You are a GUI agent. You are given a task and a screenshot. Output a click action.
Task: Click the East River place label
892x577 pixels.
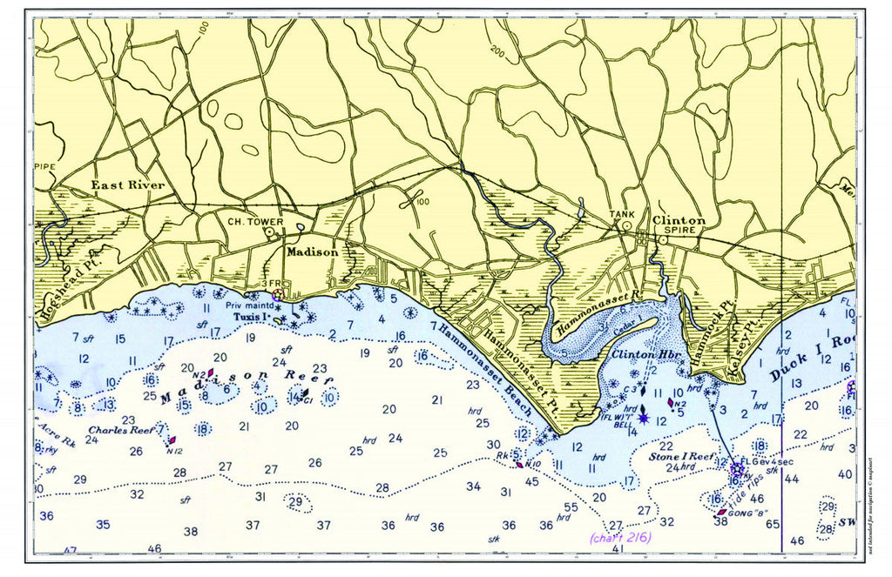pyautogui.click(x=127, y=185)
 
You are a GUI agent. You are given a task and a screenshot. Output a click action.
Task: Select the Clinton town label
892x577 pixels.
pyautogui.click(x=679, y=221)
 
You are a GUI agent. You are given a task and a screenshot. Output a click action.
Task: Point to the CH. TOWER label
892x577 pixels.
pyautogui.click(x=256, y=222)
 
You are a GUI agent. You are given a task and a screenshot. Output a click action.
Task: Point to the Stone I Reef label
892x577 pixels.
pyautogui.click(x=680, y=455)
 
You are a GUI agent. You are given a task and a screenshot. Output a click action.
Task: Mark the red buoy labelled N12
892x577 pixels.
pyautogui.click(x=173, y=441)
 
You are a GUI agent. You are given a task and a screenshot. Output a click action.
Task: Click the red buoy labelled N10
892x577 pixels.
pyautogui.click(x=520, y=464)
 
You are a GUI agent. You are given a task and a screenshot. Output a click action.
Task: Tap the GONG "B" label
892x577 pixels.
pyautogui.click(x=747, y=513)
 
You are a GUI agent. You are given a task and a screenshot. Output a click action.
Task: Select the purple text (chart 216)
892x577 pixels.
pyautogui.click(x=619, y=537)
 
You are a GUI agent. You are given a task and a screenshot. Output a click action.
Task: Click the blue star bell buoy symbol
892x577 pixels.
pyautogui.click(x=643, y=419)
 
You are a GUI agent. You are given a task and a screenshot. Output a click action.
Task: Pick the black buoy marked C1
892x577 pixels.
pyautogui.click(x=305, y=393)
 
